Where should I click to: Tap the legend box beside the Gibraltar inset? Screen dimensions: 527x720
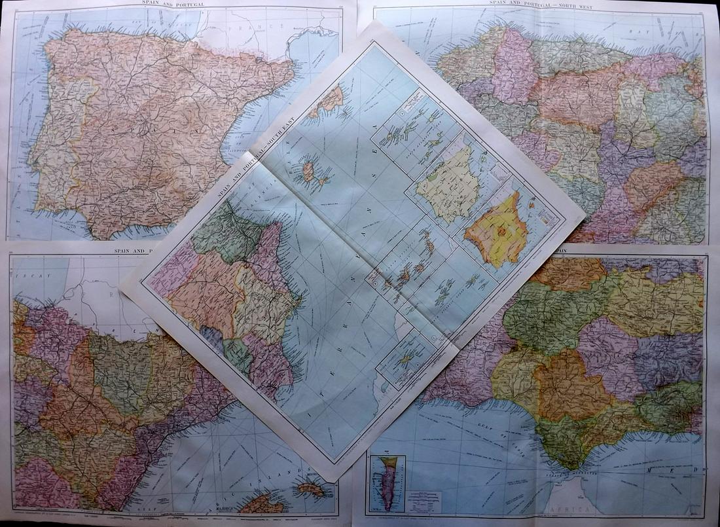coord(424,501)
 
